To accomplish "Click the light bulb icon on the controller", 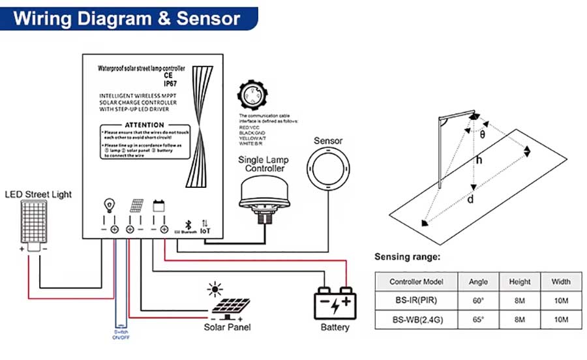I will pos(109,207).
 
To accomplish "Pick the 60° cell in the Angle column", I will pos(478,301).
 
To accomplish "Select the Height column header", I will pos(520,282).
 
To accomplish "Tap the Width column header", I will pos(560,282).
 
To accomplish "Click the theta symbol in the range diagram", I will pos(483,135).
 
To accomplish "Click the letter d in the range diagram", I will pos(470,199).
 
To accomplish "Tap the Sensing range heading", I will pos(408,257).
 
